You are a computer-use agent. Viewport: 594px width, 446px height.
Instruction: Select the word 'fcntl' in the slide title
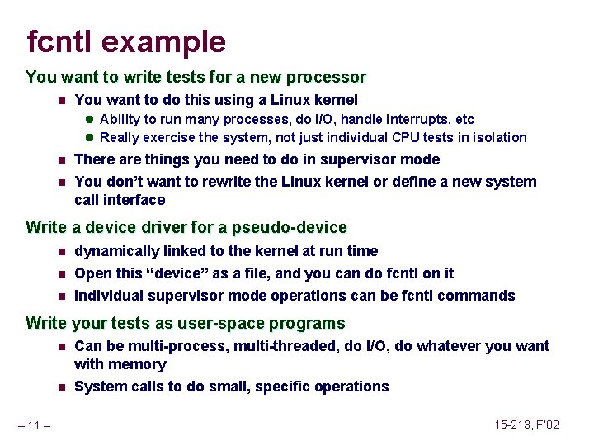[61, 41]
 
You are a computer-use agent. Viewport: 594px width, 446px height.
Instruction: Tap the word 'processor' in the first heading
[327, 78]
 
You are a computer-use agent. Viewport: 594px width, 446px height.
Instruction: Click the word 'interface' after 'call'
[134, 200]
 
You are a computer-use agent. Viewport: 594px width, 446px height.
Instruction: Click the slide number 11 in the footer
[35, 425]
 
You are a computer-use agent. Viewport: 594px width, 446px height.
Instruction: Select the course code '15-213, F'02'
[527, 425]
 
